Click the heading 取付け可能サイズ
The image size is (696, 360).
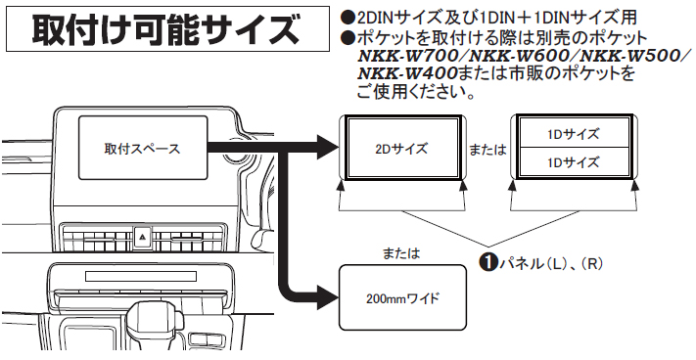click(165, 29)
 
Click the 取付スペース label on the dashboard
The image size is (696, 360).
click(142, 150)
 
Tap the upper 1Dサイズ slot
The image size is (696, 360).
click(572, 133)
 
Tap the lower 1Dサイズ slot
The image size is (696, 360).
click(572, 161)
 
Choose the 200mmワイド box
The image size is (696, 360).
click(402, 297)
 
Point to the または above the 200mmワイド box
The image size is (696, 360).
click(401, 253)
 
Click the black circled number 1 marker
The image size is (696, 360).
click(485, 262)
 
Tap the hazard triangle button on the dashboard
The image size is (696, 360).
click(143, 236)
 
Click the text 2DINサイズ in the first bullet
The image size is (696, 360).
click(386, 19)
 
